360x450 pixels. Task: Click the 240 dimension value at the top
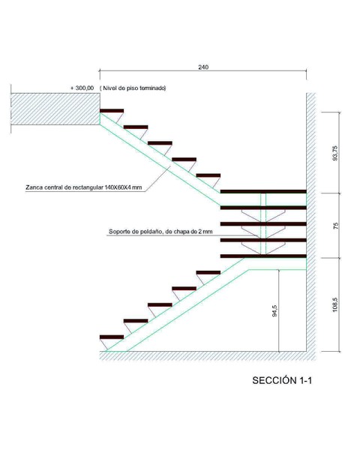[203, 67]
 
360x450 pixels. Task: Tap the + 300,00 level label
[82, 88]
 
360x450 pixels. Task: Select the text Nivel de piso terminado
[134, 88]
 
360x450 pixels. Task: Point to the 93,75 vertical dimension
[335, 153]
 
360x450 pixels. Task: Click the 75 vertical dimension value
[335, 226]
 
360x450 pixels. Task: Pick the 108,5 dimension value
[335, 304]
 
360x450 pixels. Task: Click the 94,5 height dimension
[274, 310]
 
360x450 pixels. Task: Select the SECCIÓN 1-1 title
[282, 380]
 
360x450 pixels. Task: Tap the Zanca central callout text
[83, 187]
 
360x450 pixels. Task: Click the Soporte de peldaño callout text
[160, 231]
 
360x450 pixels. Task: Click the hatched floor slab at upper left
[55, 109]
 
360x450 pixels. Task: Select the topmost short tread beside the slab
[112, 111]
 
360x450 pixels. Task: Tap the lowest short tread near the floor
[112, 337]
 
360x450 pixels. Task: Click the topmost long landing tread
[263, 191]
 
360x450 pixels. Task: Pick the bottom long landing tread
[263, 256]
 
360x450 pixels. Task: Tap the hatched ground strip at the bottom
[208, 355]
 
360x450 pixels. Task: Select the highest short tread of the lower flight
[208, 272]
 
